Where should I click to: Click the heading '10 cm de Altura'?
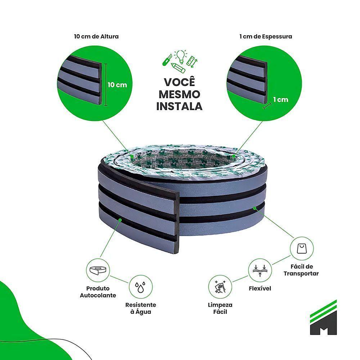(x=96, y=36)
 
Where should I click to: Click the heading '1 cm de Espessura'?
(x=266, y=36)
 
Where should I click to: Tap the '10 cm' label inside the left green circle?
(x=117, y=85)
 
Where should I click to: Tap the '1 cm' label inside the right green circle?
(x=280, y=99)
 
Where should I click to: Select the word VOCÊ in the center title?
(x=179, y=82)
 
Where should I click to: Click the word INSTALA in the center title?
(x=179, y=106)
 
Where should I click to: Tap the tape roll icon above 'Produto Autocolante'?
(x=98, y=270)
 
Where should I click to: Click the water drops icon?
(x=140, y=287)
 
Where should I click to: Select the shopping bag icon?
(x=302, y=248)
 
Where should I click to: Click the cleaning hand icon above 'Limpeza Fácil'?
(x=220, y=287)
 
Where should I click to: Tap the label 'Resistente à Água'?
(x=140, y=308)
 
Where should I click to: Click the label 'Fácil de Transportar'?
(x=301, y=270)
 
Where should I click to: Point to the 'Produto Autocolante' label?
(x=98, y=292)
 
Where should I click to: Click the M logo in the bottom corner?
(x=323, y=317)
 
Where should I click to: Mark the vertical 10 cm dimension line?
(x=106, y=85)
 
